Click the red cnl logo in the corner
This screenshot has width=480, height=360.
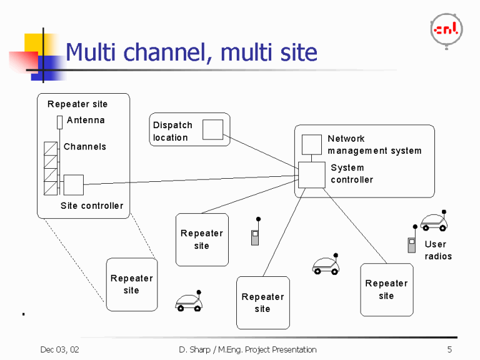[446, 29]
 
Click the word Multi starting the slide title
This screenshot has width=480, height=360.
[92, 52]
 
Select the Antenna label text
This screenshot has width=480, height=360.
[86, 120]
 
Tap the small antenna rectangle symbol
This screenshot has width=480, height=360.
[59, 121]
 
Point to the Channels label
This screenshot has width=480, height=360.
[84, 147]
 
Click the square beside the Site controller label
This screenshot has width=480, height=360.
[73, 184]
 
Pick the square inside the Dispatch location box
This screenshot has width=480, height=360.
[212, 129]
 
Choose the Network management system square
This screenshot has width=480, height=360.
[311, 144]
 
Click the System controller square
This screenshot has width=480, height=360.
[311, 175]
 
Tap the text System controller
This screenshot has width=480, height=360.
[351, 174]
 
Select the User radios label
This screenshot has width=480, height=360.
[437, 250]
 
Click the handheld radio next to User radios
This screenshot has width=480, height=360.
[412, 244]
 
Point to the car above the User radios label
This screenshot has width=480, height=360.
[434, 221]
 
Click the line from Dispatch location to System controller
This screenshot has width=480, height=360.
[259, 151]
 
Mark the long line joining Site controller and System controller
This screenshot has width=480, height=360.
[187, 180]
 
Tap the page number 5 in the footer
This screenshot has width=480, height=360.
[449, 349]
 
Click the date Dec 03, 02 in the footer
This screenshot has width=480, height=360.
[59, 349]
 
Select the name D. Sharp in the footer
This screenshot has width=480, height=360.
[191, 349]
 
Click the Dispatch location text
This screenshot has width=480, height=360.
[172, 131]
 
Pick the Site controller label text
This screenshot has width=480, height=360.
[92, 206]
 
